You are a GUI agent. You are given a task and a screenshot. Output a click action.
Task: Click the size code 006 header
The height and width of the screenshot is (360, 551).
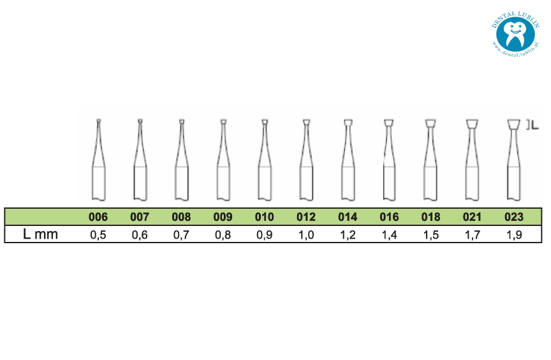98,216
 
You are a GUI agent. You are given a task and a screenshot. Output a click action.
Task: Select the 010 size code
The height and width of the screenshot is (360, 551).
264,216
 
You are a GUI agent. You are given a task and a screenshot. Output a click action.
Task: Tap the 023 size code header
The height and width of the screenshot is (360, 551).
514,216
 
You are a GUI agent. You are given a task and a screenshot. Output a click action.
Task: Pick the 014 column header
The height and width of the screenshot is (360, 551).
348,216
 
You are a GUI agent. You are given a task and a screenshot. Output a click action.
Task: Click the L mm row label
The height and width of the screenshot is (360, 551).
40,234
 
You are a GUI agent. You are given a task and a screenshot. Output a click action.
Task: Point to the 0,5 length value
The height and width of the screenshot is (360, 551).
98,234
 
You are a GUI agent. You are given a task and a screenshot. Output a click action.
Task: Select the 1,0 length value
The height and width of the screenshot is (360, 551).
306,234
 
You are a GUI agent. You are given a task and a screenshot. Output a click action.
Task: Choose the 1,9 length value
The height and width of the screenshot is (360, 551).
514,234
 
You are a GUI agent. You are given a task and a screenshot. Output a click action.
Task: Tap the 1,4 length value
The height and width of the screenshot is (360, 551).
389,234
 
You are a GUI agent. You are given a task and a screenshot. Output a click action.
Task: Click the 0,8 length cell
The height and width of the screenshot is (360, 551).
223,234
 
